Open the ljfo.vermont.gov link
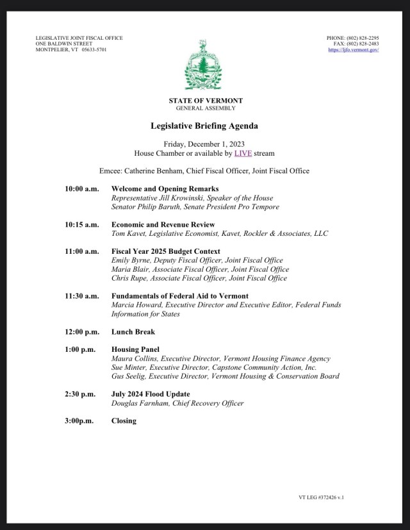pyautogui.click(x=354, y=49)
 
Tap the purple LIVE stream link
pyautogui.click(x=242, y=154)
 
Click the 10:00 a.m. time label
pyautogui.click(x=81, y=189)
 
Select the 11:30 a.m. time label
pyautogui.click(x=81, y=296)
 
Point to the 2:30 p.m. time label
pyautogui.click(x=80, y=394)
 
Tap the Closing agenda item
pyautogui.click(x=124, y=421)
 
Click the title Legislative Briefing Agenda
pyautogui.click(x=205, y=126)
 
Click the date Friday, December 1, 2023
pyautogui.click(x=205, y=144)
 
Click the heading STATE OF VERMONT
pyautogui.click(x=205, y=101)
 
